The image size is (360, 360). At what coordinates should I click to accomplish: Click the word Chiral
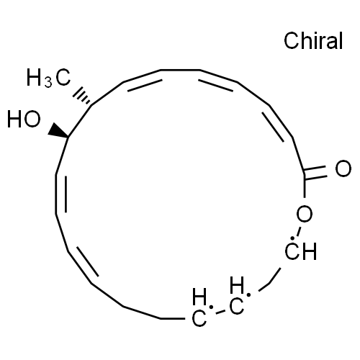pyautogui.click(x=313, y=41)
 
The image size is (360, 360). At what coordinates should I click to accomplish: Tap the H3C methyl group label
pyautogui.click(x=48, y=78)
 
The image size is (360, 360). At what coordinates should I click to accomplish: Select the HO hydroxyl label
pyautogui.click(x=24, y=119)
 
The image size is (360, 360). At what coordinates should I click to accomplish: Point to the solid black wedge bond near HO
pyautogui.click(x=58, y=131)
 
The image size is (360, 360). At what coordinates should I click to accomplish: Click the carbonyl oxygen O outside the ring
pyautogui.click(x=343, y=168)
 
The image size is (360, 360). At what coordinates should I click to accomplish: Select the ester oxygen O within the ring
pyautogui.click(x=305, y=214)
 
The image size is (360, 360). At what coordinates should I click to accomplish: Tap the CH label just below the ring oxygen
pyautogui.click(x=301, y=251)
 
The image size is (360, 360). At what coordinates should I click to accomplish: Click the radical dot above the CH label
pyautogui.click(x=292, y=238)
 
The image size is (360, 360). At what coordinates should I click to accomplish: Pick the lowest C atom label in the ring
pyautogui.click(x=199, y=318)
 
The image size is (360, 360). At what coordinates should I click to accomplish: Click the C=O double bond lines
pyautogui.click(x=315, y=172)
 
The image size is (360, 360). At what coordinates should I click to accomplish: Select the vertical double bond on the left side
pyautogui.click(x=60, y=194)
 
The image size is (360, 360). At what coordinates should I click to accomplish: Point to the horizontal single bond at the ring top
pyautogui.click(x=180, y=70)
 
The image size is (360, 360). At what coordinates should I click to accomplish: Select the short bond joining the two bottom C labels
pyautogui.click(x=220, y=312)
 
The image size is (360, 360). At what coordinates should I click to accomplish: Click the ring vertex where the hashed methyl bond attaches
pyautogui.click(x=91, y=105)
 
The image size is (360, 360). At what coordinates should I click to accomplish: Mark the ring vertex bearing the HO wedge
pyautogui.click(x=68, y=137)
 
